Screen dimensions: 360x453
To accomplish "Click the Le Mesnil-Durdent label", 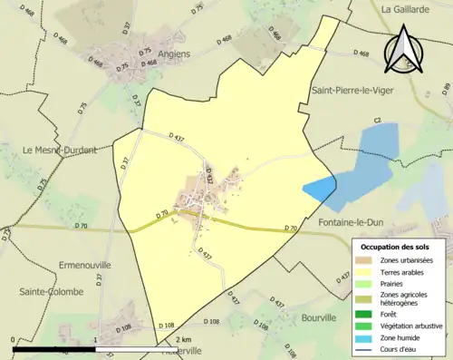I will point(60,150).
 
